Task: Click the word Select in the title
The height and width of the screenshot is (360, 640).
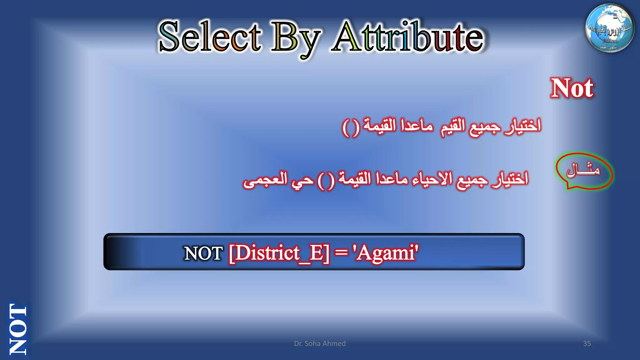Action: click(x=210, y=37)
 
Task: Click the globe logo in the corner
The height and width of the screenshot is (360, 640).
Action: click(x=610, y=28)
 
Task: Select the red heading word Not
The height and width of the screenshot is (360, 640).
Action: click(x=572, y=88)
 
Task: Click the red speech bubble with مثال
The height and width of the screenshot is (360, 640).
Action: click(x=584, y=171)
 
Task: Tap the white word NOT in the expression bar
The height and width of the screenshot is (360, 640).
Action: click(x=203, y=253)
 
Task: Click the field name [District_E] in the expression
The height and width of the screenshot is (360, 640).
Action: click(x=279, y=253)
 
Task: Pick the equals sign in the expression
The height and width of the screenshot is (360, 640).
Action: click(x=341, y=252)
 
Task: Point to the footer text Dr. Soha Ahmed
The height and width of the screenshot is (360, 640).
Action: click(x=320, y=343)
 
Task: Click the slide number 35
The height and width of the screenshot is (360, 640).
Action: click(x=587, y=343)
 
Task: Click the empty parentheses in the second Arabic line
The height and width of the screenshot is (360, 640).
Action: click(x=326, y=181)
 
